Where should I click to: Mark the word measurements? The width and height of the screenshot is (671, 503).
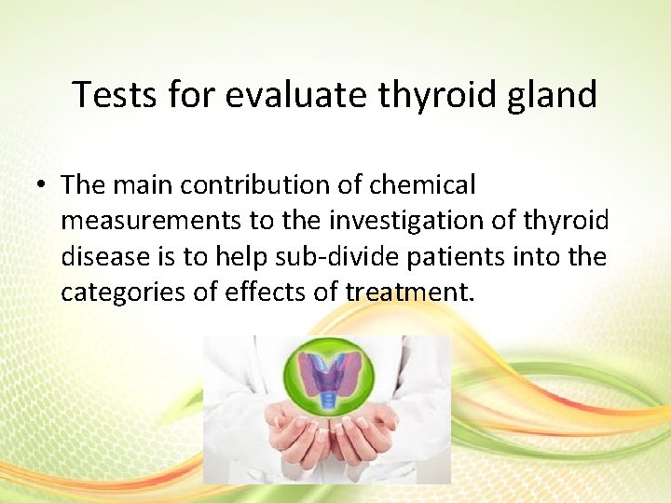[x=140, y=222]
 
